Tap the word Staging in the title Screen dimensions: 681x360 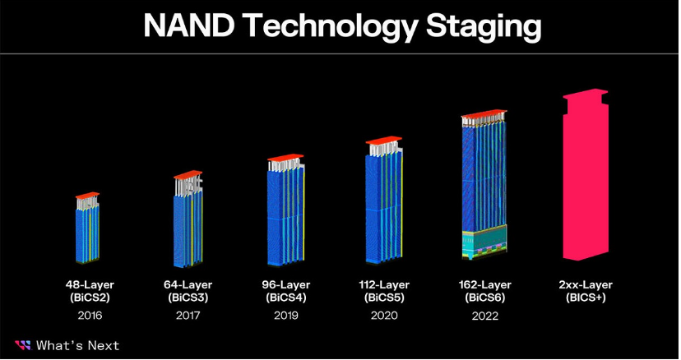pyautogui.click(x=484, y=28)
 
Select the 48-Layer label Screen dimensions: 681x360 pyautogui.click(x=90, y=285)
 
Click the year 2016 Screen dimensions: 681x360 pyautogui.click(x=90, y=316)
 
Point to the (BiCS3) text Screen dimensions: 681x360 pyautogui.click(x=188, y=298)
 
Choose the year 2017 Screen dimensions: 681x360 pyautogui.click(x=188, y=316)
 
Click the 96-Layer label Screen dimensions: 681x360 pyautogui.click(x=285, y=285)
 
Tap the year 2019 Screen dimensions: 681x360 pyautogui.click(x=285, y=316)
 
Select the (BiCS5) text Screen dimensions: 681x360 pyautogui.click(x=384, y=298)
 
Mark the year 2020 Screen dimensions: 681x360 pyautogui.click(x=384, y=316)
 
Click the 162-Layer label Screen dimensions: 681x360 pyautogui.click(x=484, y=285)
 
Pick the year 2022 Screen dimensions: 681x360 pyautogui.click(x=484, y=316)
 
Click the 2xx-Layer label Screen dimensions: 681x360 pyautogui.click(x=586, y=285)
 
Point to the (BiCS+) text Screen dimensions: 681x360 pyautogui.click(x=586, y=298)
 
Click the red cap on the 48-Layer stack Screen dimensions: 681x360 pyautogui.click(x=87, y=195)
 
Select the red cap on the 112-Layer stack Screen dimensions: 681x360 pyautogui.click(x=383, y=140)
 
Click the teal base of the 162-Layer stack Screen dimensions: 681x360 pyautogui.click(x=484, y=241)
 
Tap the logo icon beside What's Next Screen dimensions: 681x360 pyautogui.click(x=23, y=345)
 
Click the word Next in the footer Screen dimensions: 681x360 pyautogui.click(x=104, y=346)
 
